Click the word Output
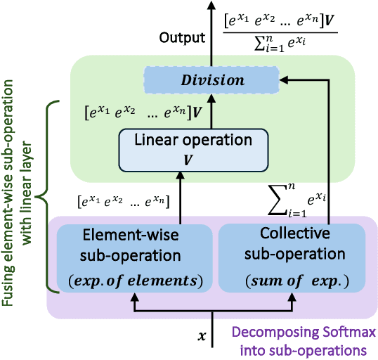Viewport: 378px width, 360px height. pyautogui.click(x=182, y=37)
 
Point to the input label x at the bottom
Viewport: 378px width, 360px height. pyautogui.click(x=202, y=337)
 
